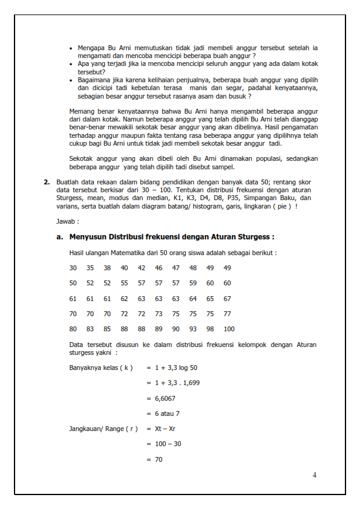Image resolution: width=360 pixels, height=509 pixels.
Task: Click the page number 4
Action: click(x=314, y=475)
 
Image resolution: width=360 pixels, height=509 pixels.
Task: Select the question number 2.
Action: click(x=46, y=181)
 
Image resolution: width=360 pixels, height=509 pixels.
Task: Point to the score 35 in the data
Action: click(x=90, y=268)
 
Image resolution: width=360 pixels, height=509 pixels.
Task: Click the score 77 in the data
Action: click(x=227, y=314)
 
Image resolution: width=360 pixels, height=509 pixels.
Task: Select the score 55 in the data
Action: click(x=124, y=283)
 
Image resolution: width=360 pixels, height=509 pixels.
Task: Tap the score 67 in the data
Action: click(x=227, y=299)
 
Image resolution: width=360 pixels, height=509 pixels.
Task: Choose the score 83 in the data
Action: click(x=90, y=329)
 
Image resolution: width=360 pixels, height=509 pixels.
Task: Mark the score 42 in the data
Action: click(x=141, y=268)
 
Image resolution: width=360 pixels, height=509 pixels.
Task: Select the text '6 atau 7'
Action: click(x=168, y=413)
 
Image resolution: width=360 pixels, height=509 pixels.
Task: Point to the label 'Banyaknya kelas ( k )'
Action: click(x=101, y=368)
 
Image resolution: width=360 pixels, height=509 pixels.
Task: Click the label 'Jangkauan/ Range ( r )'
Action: click(x=103, y=429)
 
